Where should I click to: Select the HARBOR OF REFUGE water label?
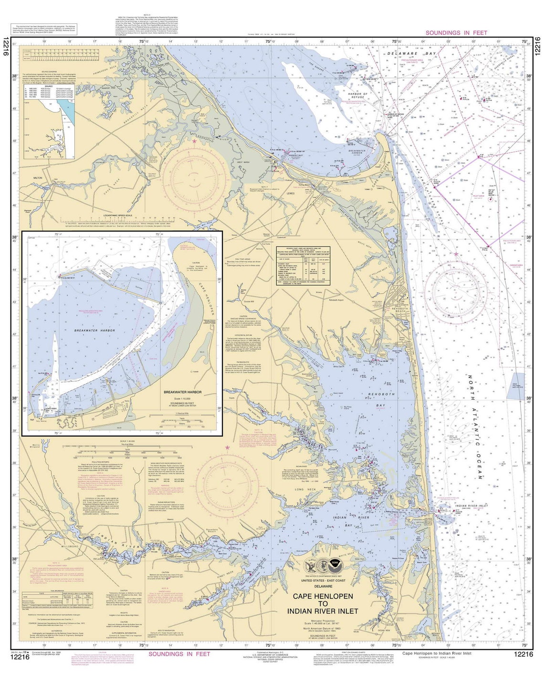(x=358, y=96)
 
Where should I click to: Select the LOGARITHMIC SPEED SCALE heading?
(x=109, y=215)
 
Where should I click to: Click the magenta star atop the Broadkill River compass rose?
(x=194, y=142)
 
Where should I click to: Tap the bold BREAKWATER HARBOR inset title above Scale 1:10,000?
(x=182, y=392)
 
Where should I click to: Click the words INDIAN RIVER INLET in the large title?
(x=323, y=611)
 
